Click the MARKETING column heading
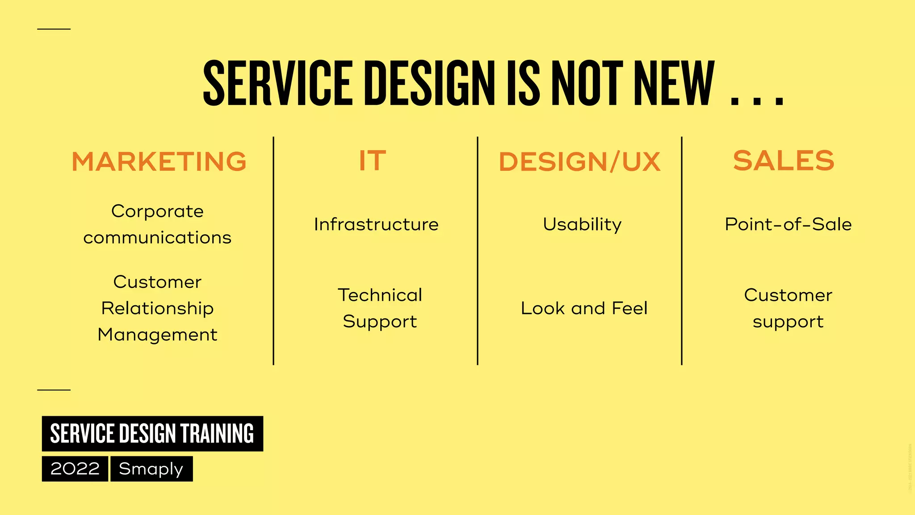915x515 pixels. (159, 161)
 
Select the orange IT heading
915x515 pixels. (372, 160)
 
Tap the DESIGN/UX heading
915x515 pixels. (579, 161)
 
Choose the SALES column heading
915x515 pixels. (784, 160)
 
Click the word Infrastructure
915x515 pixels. (376, 224)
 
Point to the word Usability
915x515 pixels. (582, 224)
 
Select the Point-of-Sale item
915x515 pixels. (788, 224)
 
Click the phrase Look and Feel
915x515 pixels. (584, 308)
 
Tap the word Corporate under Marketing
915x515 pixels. (157, 211)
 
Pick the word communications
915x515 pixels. (157, 238)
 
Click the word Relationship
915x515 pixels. (157, 308)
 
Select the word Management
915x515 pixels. (157, 335)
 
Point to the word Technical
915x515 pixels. (380, 295)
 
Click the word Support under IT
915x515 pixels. (380, 322)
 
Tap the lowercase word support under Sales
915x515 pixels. (788, 322)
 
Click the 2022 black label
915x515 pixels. (75, 469)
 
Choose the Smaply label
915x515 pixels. (151, 469)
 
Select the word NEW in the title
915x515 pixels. (674, 84)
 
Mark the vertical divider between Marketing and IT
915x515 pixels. (273, 250)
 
